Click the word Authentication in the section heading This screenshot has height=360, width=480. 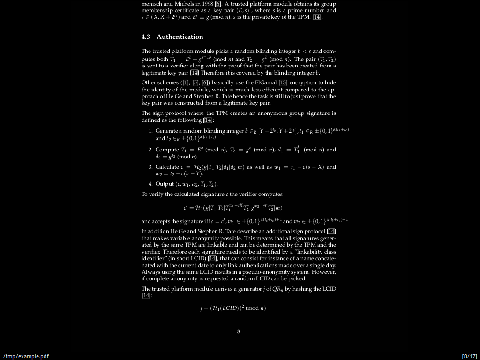coord(180,37)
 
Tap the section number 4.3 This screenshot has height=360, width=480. coord(146,37)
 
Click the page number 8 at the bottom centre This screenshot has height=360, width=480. coord(239,331)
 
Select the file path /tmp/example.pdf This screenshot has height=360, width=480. coord(26,356)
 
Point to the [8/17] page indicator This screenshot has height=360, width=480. coord(469,356)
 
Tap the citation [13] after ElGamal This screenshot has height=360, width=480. coord(283,83)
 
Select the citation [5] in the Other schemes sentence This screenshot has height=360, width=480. coord(196,83)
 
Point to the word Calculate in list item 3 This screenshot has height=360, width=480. coord(167,167)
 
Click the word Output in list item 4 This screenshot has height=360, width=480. coord(165,184)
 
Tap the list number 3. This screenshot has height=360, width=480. coord(150,167)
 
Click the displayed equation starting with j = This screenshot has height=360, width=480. coord(232,308)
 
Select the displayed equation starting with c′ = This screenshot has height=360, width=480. coord(232,207)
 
